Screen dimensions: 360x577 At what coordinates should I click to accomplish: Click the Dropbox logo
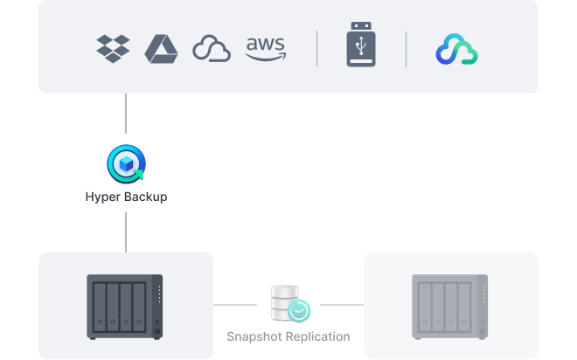click(x=113, y=48)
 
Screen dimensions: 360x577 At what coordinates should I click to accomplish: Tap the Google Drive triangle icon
click(x=162, y=48)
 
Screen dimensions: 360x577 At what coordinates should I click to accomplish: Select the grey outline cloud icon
click(x=212, y=49)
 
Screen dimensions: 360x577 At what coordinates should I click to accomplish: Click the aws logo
click(x=266, y=48)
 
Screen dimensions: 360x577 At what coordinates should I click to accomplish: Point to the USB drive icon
click(x=361, y=48)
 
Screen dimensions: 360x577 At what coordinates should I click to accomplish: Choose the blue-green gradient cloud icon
click(x=457, y=49)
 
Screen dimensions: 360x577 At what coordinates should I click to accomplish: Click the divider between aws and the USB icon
click(x=316, y=48)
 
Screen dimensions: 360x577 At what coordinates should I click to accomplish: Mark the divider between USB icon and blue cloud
click(x=406, y=48)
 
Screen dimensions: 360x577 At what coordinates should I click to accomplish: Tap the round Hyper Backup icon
click(x=126, y=163)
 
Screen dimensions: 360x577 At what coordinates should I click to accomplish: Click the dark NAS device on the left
click(x=125, y=307)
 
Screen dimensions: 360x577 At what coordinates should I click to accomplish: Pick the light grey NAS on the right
click(x=450, y=307)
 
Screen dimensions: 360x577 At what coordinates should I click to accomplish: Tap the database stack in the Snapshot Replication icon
click(x=284, y=299)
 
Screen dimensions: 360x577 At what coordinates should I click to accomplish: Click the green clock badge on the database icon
click(x=300, y=309)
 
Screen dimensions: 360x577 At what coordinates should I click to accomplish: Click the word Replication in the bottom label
click(x=316, y=336)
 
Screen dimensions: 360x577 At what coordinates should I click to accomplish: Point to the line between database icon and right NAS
click(x=341, y=305)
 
